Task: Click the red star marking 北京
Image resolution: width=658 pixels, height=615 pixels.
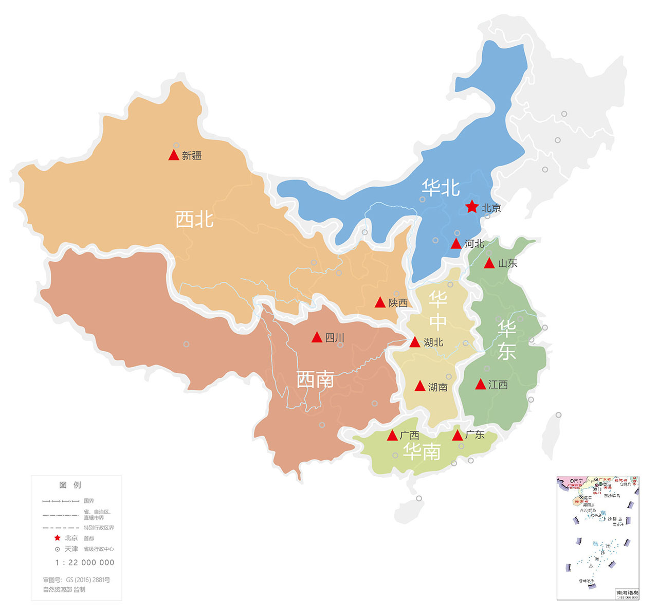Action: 472,207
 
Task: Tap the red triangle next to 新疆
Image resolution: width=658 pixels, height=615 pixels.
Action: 174,155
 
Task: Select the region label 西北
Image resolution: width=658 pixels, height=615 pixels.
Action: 194,220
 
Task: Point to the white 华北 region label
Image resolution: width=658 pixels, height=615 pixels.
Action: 441,188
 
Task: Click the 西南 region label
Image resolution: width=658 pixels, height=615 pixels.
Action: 315,379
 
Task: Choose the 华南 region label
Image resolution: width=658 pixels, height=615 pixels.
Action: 422,451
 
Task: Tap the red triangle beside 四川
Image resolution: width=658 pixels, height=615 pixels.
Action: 317,338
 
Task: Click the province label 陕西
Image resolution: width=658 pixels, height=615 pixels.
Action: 398,303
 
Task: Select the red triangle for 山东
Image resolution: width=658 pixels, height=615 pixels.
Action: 489,263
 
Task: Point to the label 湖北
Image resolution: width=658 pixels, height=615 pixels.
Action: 433,342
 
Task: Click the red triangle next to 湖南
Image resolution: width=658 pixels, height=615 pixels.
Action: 420,386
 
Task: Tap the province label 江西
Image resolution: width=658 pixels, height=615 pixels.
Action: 498,385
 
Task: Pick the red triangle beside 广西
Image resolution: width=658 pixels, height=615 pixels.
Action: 392,436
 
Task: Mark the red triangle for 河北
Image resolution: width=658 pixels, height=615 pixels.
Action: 456,244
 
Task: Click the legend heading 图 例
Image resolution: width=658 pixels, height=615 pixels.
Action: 70,485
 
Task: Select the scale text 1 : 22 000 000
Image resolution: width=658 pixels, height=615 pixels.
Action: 85,563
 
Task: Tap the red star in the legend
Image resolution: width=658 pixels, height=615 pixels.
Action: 57,538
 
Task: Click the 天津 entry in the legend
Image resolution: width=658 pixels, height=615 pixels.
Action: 71,549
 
